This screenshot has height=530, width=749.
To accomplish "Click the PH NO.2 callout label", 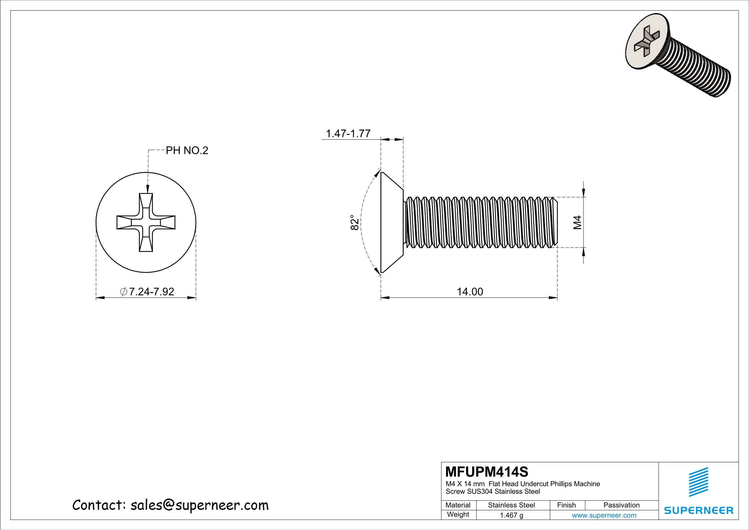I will pyautogui.click(x=187, y=151).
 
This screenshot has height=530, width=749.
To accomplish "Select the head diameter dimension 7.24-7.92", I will pyautogui.click(x=147, y=292).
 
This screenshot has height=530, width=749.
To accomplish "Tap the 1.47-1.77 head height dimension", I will pyautogui.click(x=348, y=134).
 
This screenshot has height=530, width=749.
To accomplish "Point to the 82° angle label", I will pyautogui.click(x=355, y=222).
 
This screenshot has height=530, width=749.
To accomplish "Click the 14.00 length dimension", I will pyautogui.click(x=469, y=292).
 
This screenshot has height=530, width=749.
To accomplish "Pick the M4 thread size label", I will pyautogui.click(x=578, y=222).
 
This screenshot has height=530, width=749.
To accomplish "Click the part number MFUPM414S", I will pyautogui.click(x=487, y=472).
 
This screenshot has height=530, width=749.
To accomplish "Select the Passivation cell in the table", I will pyautogui.click(x=621, y=505).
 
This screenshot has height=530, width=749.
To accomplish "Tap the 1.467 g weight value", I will pyautogui.click(x=511, y=515).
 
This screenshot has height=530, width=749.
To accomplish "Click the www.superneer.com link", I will pyautogui.click(x=604, y=515).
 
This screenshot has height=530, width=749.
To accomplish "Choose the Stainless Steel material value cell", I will pyautogui.click(x=511, y=505).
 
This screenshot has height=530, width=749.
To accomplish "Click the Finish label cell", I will pyautogui.click(x=566, y=505).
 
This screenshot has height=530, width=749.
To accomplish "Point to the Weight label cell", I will pyautogui.click(x=458, y=514).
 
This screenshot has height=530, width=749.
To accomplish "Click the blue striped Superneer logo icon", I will pyautogui.click(x=699, y=482).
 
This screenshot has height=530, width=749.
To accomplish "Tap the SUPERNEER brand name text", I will pyautogui.click(x=699, y=510).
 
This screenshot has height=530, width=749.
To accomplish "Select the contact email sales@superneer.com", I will pyautogui.click(x=199, y=506).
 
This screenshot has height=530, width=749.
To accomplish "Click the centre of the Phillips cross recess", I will pyautogui.click(x=146, y=222).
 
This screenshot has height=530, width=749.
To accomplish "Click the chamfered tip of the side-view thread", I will pyautogui.click(x=554, y=222).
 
